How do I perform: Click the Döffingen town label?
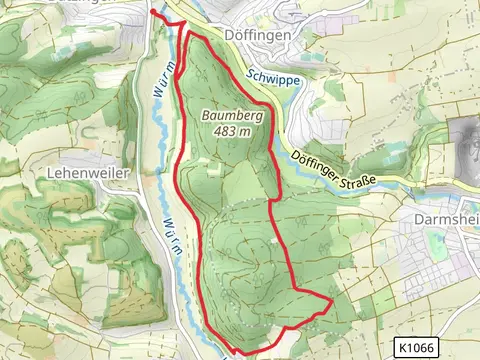pyautogui.click(x=259, y=34)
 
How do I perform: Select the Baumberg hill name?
pyautogui.click(x=232, y=116)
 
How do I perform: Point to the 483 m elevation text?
pyautogui.click(x=232, y=132)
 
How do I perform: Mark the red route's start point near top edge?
pyautogui.click(x=153, y=12)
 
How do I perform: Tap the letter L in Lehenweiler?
pyautogui.click(x=50, y=172)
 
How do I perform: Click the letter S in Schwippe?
pyautogui.click(x=245, y=74)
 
